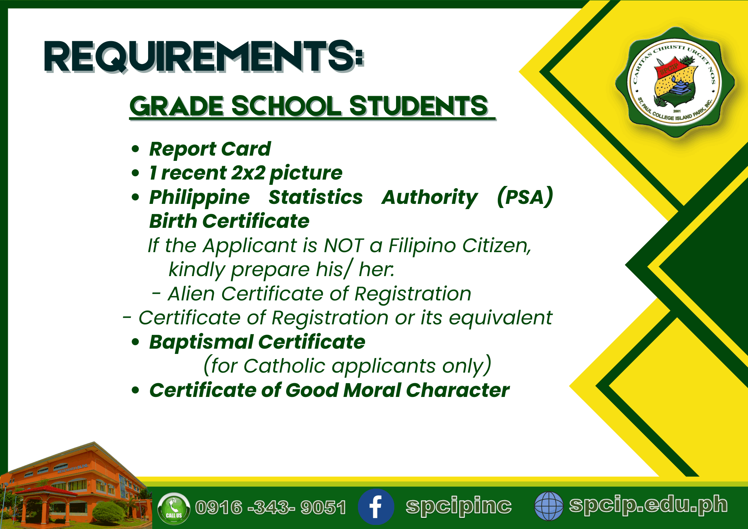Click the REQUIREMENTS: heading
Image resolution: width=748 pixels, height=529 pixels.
tap(204, 56)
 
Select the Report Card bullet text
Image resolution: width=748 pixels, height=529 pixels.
tap(210, 149)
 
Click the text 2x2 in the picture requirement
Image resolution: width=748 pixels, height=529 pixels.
tap(248, 173)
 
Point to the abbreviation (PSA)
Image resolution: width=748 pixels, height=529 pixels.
tap(525, 197)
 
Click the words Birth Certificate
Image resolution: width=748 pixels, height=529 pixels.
tap(229, 221)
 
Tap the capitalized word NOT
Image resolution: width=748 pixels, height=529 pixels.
tap(344, 246)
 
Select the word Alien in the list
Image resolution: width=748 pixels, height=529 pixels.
tap(191, 294)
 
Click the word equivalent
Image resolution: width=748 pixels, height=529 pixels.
tap(500, 318)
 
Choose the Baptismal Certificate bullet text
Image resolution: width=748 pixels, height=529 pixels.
tap(257, 342)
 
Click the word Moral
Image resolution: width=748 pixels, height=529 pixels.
tap(372, 390)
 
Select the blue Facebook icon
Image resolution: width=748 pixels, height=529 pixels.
tap(376, 507)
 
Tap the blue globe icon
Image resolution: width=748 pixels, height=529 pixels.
tap(549, 506)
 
